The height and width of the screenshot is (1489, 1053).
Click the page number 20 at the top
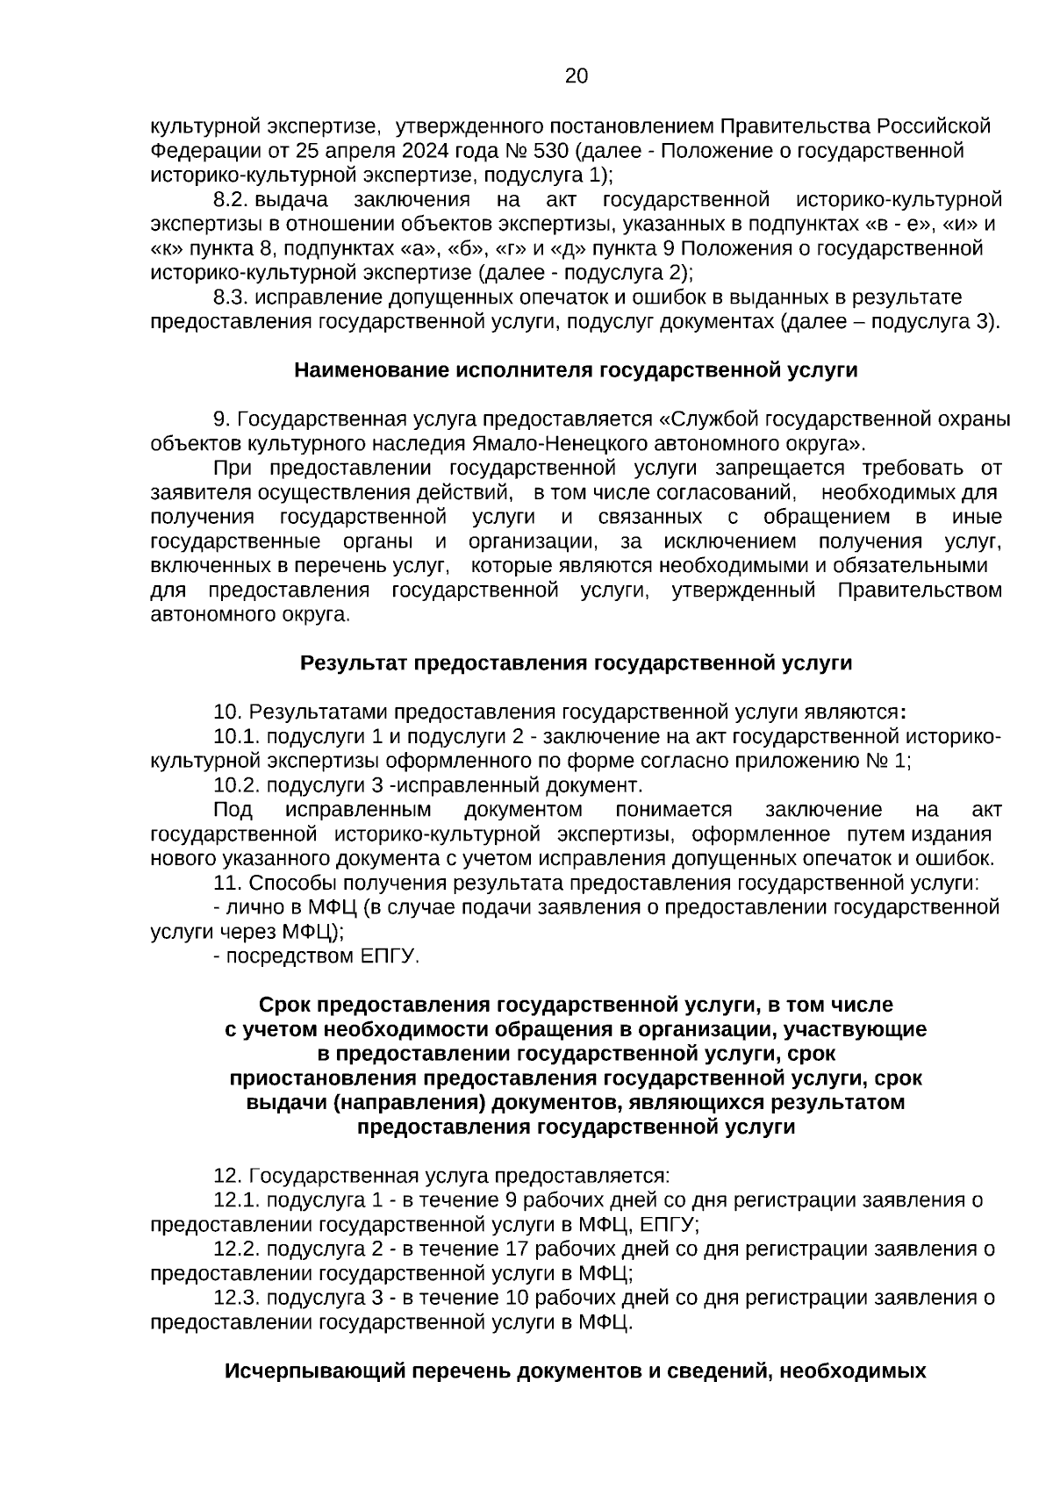point(576,76)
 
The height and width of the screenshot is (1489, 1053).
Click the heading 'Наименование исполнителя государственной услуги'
point(576,370)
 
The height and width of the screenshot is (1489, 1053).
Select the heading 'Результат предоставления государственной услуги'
point(576,662)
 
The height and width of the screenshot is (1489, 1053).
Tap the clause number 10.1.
point(237,736)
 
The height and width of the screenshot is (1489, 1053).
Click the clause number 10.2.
point(237,784)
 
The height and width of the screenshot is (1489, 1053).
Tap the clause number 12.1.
point(237,1200)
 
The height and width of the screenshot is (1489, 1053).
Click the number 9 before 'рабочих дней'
point(512,1200)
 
